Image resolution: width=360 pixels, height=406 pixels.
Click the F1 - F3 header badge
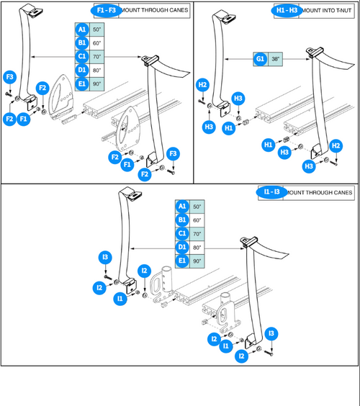(105, 12)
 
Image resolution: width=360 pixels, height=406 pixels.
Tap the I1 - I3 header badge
(271, 192)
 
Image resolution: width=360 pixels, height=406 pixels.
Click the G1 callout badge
(261, 60)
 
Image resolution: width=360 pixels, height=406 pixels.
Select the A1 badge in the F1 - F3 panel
(83, 30)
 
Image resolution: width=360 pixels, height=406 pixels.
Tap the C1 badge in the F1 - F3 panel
(83, 56)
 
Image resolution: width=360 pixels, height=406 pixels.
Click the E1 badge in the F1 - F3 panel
(83, 83)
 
